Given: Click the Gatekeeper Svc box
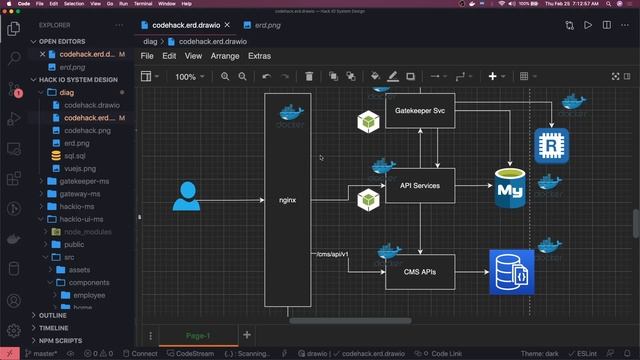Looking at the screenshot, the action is (420, 110).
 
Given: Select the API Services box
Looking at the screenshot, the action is (420, 185).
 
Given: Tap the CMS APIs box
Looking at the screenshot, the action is (420, 270).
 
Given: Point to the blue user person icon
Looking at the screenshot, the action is (186, 197).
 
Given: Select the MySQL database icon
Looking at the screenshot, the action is (511, 188).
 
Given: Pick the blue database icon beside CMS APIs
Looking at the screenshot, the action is (511, 272).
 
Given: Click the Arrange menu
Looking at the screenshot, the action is (224, 56).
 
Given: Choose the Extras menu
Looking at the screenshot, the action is (259, 56).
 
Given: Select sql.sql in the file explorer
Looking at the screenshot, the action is (76, 156).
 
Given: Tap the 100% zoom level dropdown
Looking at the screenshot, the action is (189, 76).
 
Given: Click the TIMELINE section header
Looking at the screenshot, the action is (54, 327).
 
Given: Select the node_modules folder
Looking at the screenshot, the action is (88, 230).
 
